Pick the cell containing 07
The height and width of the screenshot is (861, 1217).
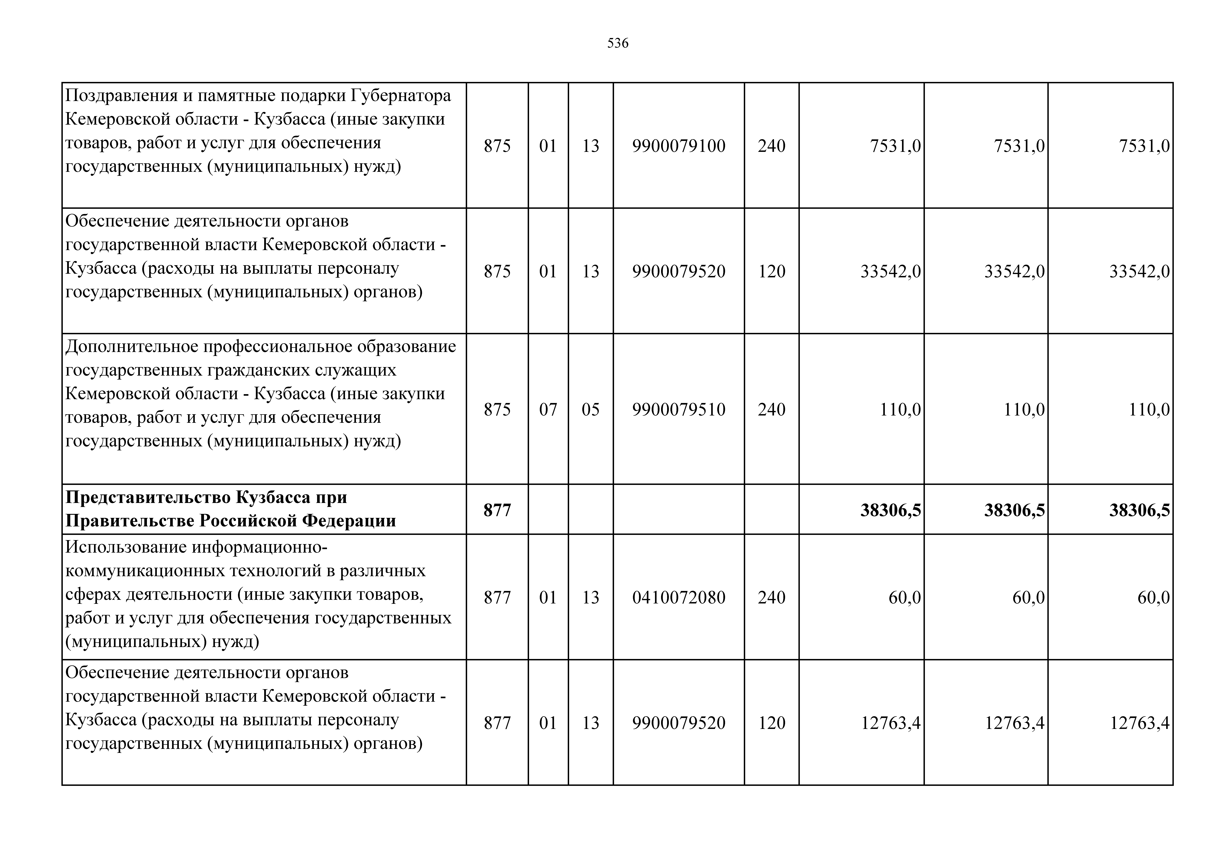point(548,410)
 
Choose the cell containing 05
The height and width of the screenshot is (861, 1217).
point(590,410)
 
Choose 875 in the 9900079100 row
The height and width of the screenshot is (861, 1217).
point(497,146)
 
